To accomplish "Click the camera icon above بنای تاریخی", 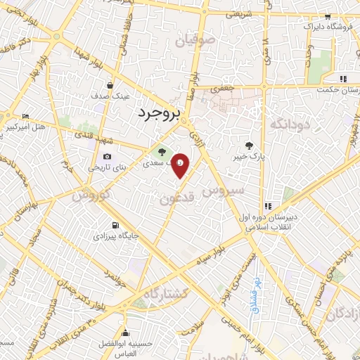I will coord(107,156).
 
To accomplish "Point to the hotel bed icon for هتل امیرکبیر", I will coord(26,116).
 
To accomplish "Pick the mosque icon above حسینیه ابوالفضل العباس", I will coord(125,333).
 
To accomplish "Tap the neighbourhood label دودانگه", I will coord(286,124).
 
